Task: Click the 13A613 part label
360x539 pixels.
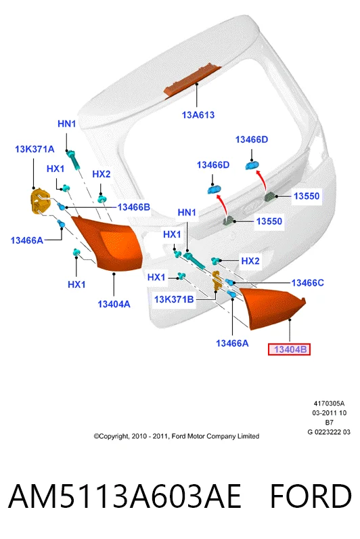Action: (198, 115)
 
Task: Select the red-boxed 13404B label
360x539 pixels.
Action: (289, 349)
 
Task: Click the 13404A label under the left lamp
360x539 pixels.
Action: (114, 304)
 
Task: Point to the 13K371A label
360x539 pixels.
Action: (35, 149)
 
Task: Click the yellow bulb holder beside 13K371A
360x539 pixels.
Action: (39, 201)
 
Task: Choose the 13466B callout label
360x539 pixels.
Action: (133, 207)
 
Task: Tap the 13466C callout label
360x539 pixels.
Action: (307, 282)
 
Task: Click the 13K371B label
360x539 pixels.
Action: (174, 299)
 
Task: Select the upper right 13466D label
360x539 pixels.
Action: (252, 139)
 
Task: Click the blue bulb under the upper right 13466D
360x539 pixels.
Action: (252, 165)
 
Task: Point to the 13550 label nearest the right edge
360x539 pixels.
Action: (307, 196)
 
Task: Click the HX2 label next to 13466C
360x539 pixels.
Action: (250, 261)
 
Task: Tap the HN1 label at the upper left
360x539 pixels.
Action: (66, 123)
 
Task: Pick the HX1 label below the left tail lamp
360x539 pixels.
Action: (76, 284)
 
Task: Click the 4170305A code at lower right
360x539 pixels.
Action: (329, 403)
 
